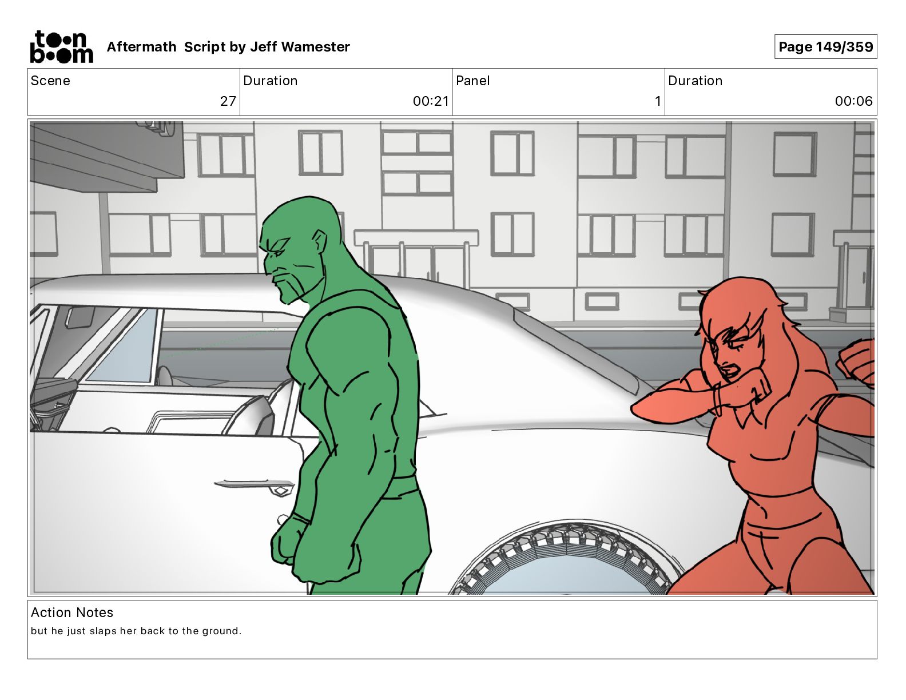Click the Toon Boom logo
tap(62, 47)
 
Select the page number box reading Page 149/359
tap(825, 47)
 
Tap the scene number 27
tap(228, 101)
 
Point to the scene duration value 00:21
tap(431, 101)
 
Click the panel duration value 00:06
tap(853, 101)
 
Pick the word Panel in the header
tap(473, 81)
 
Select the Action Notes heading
tap(72, 612)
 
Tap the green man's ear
tap(319, 241)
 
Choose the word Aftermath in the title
tap(141, 47)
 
